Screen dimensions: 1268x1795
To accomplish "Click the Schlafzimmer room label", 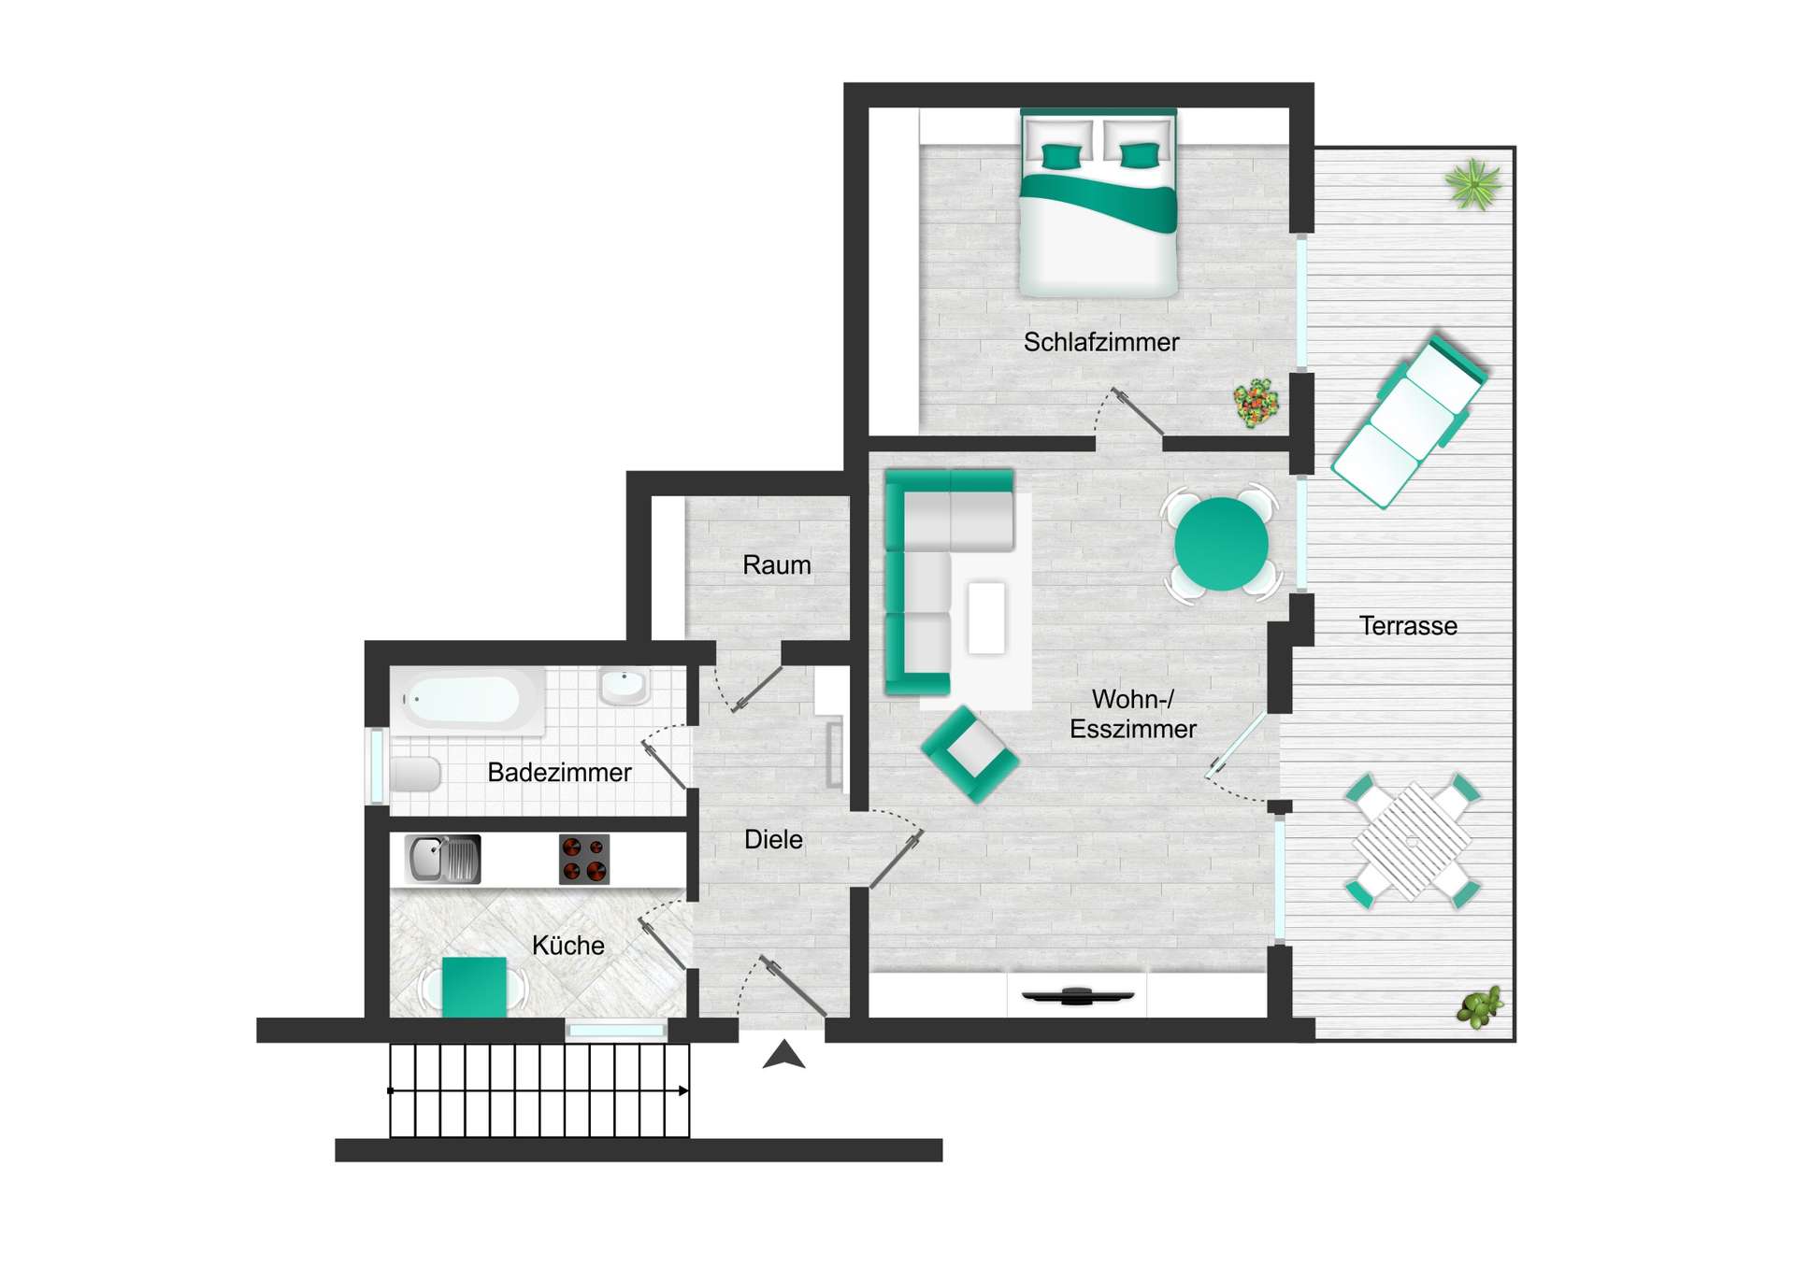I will (x=1100, y=342).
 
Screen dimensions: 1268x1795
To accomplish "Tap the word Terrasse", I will (x=1407, y=626).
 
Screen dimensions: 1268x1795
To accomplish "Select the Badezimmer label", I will (x=559, y=773).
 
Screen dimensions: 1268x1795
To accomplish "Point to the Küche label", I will (x=567, y=945).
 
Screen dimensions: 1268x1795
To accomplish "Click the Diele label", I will (x=772, y=839).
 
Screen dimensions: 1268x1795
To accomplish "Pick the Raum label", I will (x=776, y=565).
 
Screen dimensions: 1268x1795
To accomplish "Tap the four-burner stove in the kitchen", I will (x=584, y=860).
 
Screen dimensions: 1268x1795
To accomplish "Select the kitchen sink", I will (x=441, y=859).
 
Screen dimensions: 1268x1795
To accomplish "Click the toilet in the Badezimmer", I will (x=415, y=775).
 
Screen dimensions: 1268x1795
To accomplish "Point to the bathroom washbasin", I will (x=623, y=685).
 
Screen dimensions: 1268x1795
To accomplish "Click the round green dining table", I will (x=1220, y=544).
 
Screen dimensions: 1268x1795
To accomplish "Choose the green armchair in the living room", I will (x=969, y=753).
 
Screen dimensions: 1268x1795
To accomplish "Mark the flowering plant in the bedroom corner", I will (x=1256, y=403).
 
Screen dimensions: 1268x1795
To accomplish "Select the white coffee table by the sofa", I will (x=986, y=617).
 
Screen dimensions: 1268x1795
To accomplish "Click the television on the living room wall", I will (x=1077, y=996).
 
